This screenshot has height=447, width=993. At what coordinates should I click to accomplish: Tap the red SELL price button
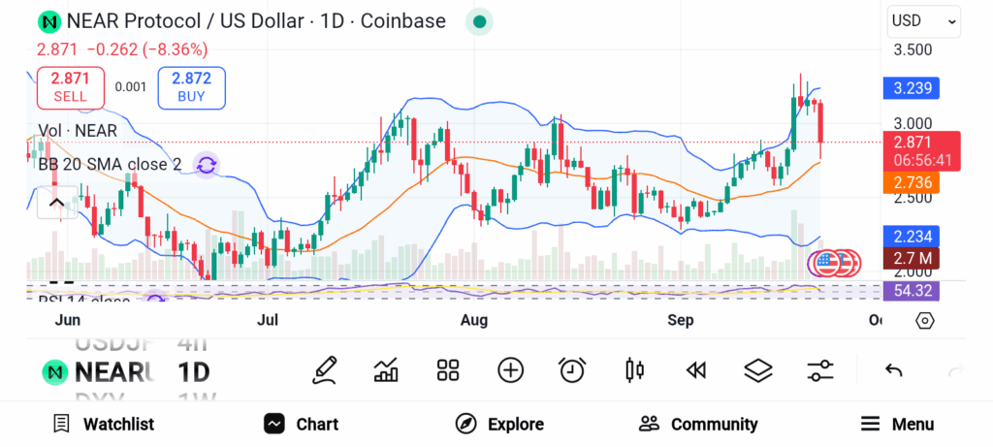[70, 87]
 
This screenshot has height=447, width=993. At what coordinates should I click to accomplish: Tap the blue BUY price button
[191, 87]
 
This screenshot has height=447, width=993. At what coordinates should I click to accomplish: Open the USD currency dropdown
[924, 20]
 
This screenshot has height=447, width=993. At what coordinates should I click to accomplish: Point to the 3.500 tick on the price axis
[913, 49]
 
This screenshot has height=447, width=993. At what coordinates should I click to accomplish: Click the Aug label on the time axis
[473, 320]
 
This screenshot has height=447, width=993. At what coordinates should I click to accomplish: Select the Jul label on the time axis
[269, 320]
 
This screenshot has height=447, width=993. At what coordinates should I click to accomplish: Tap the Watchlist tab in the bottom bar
[104, 424]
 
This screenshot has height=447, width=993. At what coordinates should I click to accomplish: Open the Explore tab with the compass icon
[499, 424]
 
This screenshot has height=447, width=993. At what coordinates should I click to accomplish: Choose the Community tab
[698, 424]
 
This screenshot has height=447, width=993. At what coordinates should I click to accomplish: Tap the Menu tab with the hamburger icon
[897, 424]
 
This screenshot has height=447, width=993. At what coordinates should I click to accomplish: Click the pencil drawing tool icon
[325, 369]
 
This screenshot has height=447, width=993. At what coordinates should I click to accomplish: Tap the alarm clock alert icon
[572, 369]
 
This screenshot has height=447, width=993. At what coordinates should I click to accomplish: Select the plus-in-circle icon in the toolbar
[510, 369]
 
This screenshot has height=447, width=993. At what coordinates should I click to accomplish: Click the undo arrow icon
[894, 369]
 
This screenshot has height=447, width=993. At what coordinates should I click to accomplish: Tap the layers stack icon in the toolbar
[757, 369]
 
